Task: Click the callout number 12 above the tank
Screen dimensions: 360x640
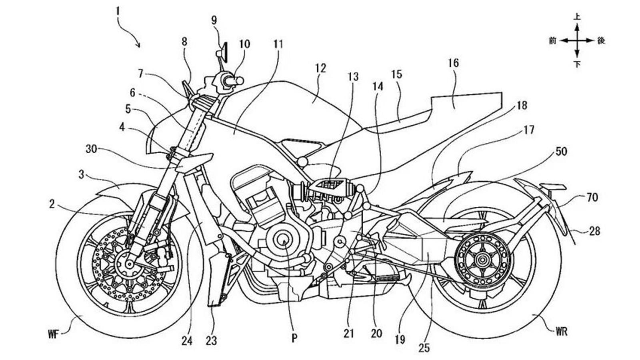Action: pyautogui.click(x=320, y=68)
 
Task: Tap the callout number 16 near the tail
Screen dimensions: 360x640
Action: pyautogui.click(x=453, y=63)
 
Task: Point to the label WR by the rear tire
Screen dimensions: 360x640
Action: pyautogui.click(x=562, y=332)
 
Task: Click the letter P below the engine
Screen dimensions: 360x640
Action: pyautogui.click(x=294, y=338)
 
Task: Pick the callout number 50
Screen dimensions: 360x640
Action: pyautogui.click(x=561, y=152)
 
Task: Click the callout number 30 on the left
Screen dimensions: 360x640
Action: pyautogui.click(x=91, y=149)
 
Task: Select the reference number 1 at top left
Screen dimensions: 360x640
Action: pyautogui.click(x=118, y=11)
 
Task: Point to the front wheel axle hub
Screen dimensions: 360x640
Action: pyautogui.click(x=129, y=264)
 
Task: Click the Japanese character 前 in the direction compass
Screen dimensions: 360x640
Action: pyautogui.click(x=552, y=40)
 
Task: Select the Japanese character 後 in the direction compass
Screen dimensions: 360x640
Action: pyautogui.click(x=601, y=40)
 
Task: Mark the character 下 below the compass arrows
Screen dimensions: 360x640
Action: pyautogui.click(x=577, y=64)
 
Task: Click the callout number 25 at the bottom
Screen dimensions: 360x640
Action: pyautogui.click(x=424, y=348)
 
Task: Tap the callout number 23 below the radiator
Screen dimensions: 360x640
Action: pyautogui.click(x=211, y=340)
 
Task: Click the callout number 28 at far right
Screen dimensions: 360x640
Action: pyautogui.click(x=594, y=231)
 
